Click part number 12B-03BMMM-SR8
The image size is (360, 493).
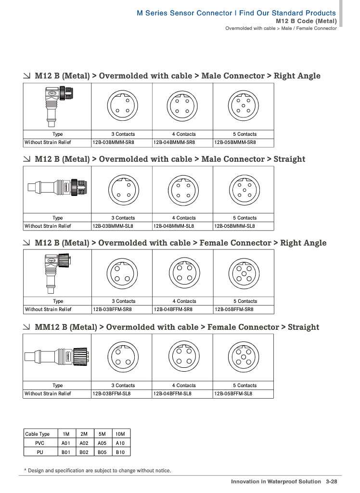pyautogui.click(x=113, y=143)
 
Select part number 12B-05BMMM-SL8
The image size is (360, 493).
pyautogui.click(x=234, y=226)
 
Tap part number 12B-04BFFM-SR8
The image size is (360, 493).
pyautogui.click(x=173, y=310)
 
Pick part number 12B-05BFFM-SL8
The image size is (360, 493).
pyautogui.click(x=233, y=394)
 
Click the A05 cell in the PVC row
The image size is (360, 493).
pyautogui.click(x=102, y=443)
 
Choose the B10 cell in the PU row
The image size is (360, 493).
pyautogui.click(x=120, y=452)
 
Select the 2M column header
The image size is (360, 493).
pyautogui.click(x=84, y=434)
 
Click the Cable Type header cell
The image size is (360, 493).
pyautogui.click(x=38, y=434)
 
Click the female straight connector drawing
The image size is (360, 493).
pyautogui.click(x=57, y=357)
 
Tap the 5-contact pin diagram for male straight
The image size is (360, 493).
pyautogui.click(x=244, y=190)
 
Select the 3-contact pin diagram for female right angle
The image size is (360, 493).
pyautogui.click(x=122, y=273)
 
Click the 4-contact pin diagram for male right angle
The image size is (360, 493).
pyautogui.click(x=182, y=106)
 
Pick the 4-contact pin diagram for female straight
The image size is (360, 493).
pyautogui.click(x=184, y=357)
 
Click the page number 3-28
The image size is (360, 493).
pyautogui.click(x=332, y=481)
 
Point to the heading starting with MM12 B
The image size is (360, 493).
pyautogui.click(x=177, y=327)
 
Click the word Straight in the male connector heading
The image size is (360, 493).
pyautogui.click(x=289, y=159)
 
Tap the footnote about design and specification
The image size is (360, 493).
pyautogui.click(x=98, y=471)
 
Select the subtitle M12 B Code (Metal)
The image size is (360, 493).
pyautogui.click(x=306, y=21)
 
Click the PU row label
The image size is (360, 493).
pyautogui.click(x=39, y=452)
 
